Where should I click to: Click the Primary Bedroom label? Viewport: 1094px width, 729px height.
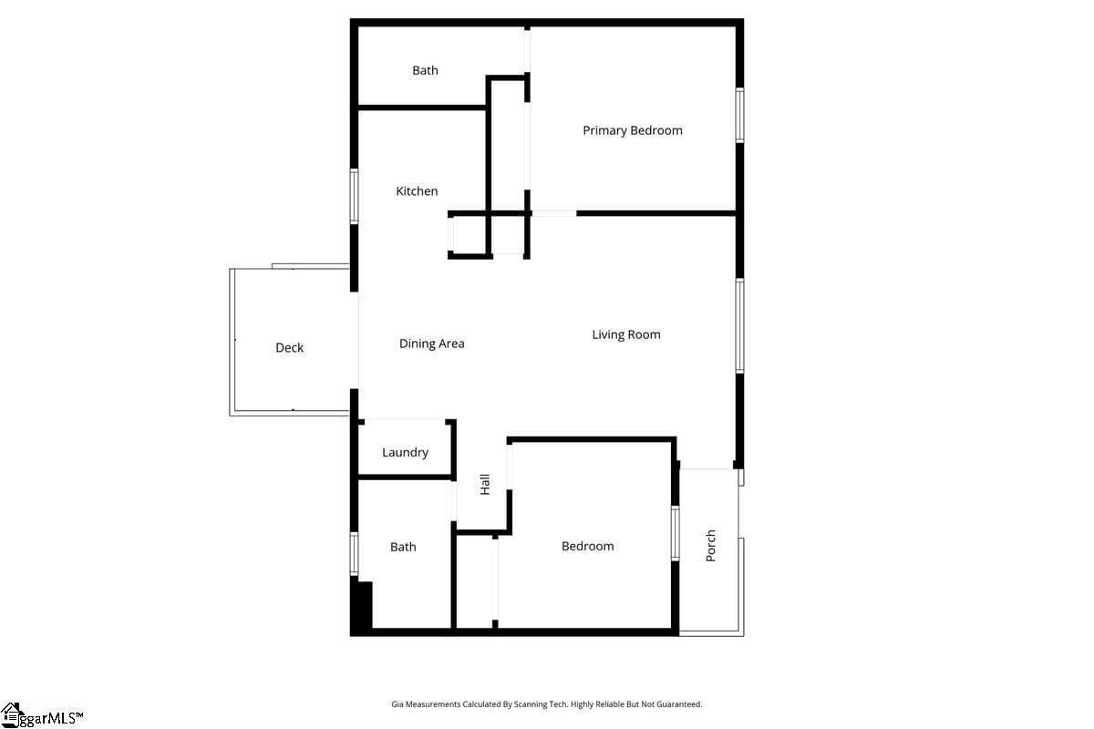[x=633, y=130]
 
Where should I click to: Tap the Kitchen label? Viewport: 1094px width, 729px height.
[x=417, y=191]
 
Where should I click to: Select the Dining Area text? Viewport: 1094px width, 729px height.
[x=432, y=344]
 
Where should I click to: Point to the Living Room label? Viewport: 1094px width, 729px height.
[x=626, y=334]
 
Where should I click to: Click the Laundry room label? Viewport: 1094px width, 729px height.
[x=405, y=452]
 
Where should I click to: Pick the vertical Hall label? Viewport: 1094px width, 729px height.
[x=485, y=484]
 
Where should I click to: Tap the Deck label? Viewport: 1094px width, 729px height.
[x=289, y=347]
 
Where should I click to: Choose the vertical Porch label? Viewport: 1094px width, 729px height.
[x=711, y=545]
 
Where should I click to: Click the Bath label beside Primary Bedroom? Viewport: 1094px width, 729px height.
[x=425, y=70]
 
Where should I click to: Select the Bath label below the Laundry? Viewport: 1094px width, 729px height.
[x=403, y=547]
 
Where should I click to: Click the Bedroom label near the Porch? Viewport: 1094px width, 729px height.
[x=587, y=546]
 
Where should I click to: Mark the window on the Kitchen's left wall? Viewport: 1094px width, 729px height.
[x=355, y=196]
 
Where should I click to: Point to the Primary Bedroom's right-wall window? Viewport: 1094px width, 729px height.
[x=739, y=115]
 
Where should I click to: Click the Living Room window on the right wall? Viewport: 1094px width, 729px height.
[x=739, y=325]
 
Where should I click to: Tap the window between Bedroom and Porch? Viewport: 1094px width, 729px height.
[x=675, y=533]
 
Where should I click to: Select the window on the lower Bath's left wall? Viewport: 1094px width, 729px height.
[x=355, y=553]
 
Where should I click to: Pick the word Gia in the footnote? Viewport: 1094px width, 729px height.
[x=397, y=704]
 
